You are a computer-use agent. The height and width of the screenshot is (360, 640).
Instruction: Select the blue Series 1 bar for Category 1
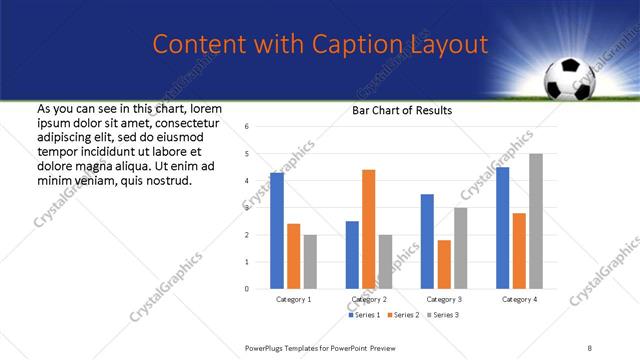(277, 231)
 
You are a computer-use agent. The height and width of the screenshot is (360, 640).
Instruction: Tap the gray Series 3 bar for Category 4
(536, 221)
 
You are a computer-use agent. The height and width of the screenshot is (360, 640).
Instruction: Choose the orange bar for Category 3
(444, 264)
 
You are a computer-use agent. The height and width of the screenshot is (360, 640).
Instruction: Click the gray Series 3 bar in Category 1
(311, 262)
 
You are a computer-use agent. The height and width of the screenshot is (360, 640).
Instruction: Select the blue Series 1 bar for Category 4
(502, 228)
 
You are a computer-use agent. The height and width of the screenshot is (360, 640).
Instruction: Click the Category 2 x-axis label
(369, 299)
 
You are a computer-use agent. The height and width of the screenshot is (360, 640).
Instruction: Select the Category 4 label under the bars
(519, 299)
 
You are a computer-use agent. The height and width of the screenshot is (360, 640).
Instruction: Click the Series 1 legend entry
(363, 315)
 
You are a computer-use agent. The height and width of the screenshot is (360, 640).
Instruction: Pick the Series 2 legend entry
(403, 315)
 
